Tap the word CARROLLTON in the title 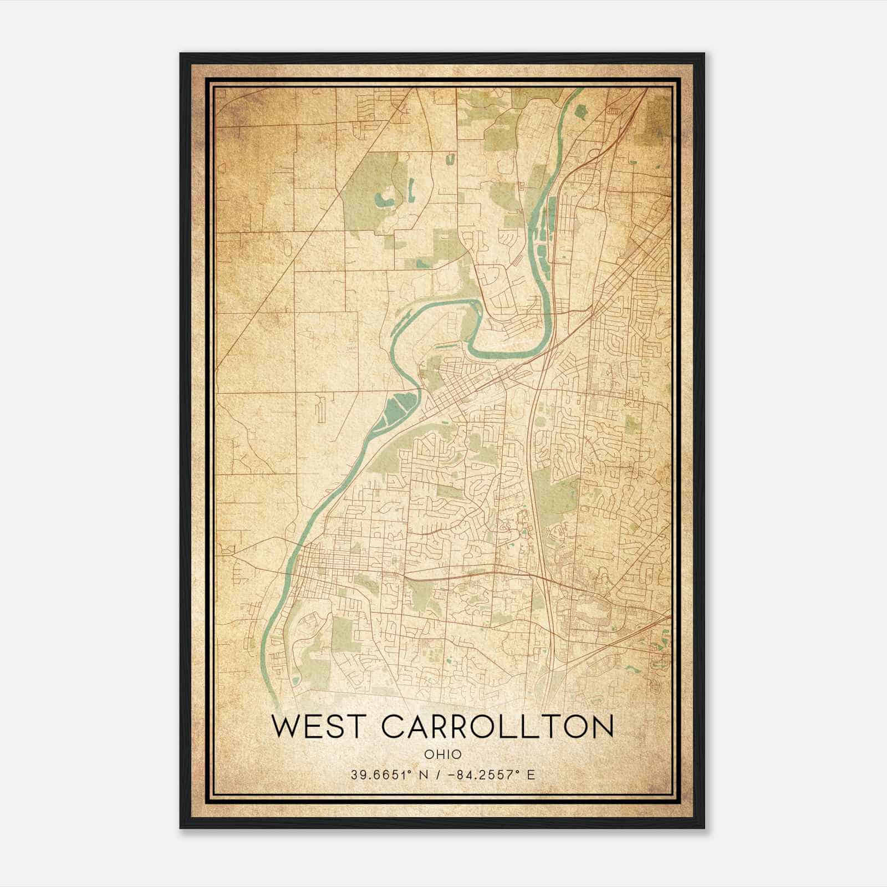click(x=498, y=727)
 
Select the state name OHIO click(x=443, y=755)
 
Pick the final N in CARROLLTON click(x=602, y=727)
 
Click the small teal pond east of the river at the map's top click(x=580, y=111)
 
